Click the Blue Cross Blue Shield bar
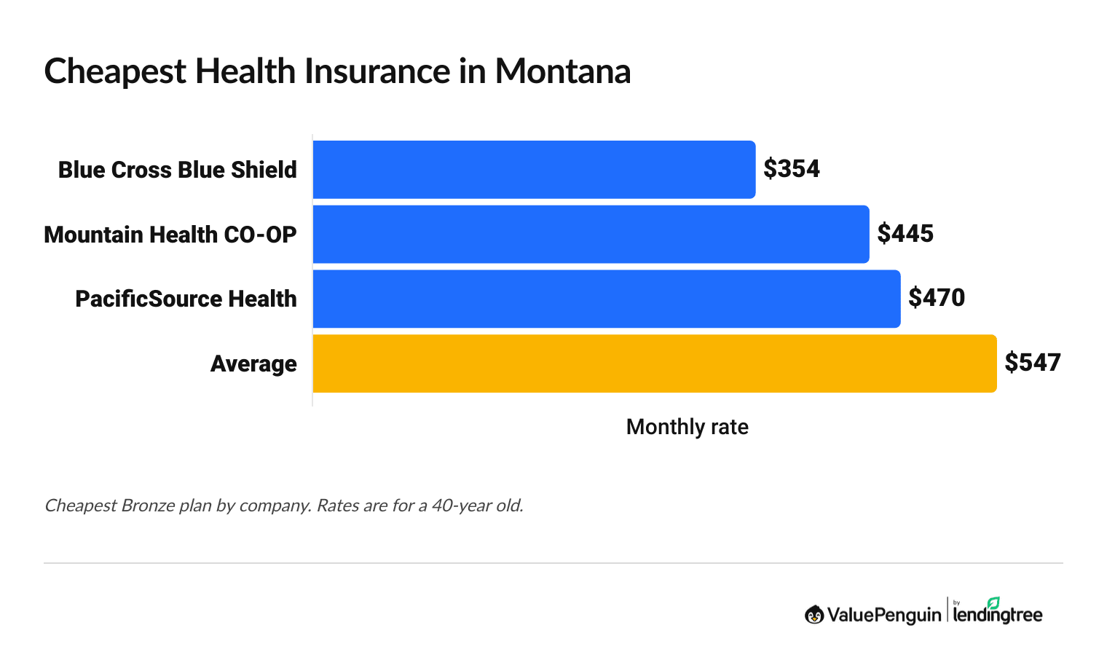coord(534,170)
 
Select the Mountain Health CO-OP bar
coord(591,234)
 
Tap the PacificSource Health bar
coord(606,299)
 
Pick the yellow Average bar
coord(654,364)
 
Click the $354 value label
coord(792,169)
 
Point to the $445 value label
coord(905,234)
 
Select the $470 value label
coord(937,298)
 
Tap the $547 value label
coord(1033,363)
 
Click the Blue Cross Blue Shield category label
coord(178,170)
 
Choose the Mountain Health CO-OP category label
coord(170,235)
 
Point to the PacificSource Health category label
coord(186,299)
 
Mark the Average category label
coord(253,364)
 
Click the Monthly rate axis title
coord(687,427)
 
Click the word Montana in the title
coord(562,72)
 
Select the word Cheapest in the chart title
coord(114,72)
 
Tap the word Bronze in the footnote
coord(149,506)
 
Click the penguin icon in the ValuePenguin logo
coord(813,615)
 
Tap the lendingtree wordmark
coord(998,616)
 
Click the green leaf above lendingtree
coord(993,602)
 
